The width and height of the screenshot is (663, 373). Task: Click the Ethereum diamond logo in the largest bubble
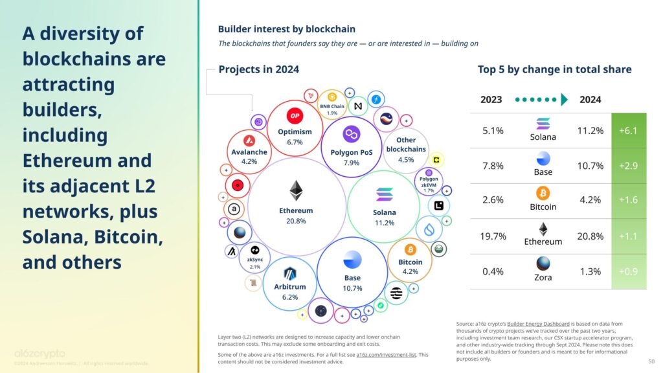point(296,191)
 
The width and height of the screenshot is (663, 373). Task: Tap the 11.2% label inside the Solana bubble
point(384,223)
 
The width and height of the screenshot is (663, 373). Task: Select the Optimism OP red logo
point(295,116)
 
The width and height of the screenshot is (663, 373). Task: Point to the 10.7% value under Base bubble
point(352,288)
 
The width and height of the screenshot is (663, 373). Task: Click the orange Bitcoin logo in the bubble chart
point(410,250)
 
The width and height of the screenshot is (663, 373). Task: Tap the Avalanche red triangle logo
point(249,140)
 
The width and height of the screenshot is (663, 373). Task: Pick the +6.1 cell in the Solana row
point(628,130)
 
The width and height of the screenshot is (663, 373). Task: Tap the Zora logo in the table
point(543,264)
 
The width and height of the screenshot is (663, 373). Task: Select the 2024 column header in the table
point(590,100)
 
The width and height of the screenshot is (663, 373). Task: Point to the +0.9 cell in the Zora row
point(628,271)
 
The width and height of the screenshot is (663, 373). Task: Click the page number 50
point(651,361)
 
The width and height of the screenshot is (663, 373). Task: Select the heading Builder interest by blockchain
point(286,29)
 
